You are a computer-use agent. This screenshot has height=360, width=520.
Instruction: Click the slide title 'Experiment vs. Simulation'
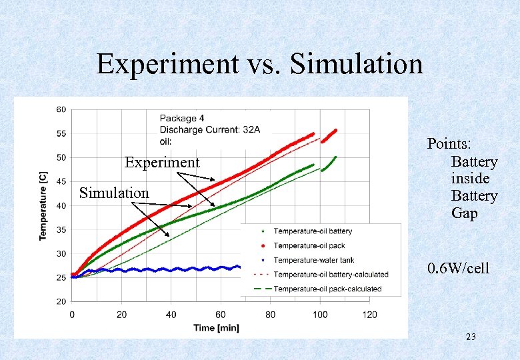[259, 65]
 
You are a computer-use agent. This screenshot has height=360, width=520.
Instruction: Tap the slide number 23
[471, 337]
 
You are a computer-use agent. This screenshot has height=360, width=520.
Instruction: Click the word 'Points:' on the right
[450, 145]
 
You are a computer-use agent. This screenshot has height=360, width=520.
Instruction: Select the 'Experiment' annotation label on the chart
[162, 163]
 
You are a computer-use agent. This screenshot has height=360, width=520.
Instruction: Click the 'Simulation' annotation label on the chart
[114, 193]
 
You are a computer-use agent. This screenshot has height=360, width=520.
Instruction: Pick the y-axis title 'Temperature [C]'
[43, 205]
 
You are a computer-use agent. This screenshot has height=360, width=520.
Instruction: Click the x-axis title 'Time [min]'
[216, 327]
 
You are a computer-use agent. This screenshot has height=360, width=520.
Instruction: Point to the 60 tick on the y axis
[60, 109]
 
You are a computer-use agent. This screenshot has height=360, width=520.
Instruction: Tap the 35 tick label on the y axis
[60, 230]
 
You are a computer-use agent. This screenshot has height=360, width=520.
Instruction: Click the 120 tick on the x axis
[369, 315]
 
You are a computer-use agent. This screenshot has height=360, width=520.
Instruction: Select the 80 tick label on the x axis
[270, 315]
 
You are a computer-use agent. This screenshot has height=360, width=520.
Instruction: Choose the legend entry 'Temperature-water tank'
[313, 260]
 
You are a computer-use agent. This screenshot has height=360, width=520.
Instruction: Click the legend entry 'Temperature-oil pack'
[309, 245]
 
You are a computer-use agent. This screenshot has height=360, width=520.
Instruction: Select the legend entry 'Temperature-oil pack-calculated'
[327, 289]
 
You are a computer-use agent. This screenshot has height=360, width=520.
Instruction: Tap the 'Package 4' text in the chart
[182, 119]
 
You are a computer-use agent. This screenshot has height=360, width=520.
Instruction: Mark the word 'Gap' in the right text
[465, 213]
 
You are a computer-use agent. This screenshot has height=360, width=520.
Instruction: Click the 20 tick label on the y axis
[60, 302]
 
